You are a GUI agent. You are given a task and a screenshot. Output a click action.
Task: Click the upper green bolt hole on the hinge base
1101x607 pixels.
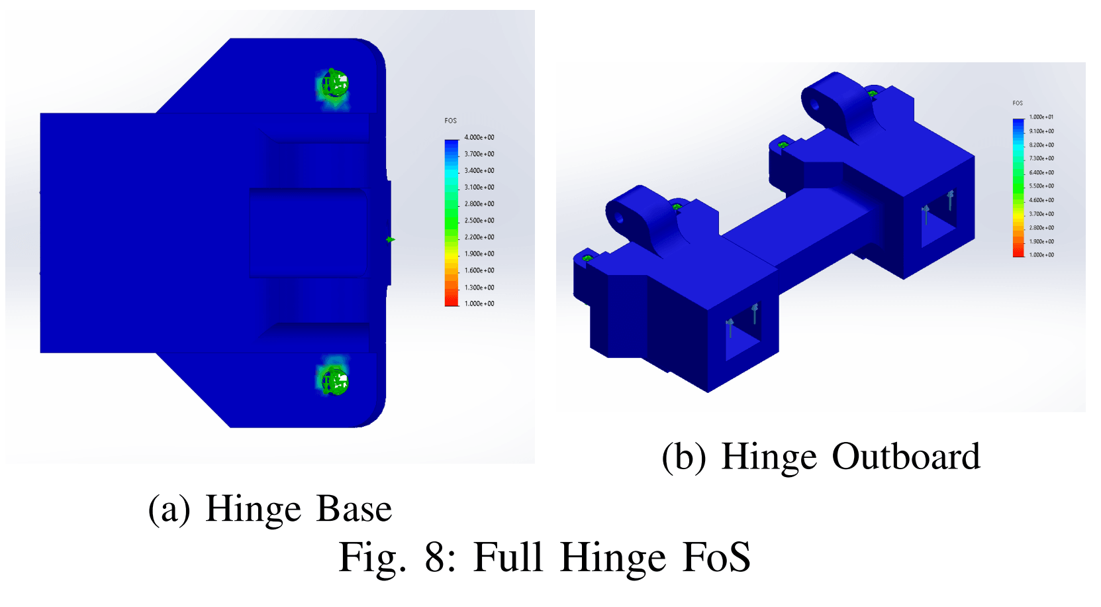coord(334,85)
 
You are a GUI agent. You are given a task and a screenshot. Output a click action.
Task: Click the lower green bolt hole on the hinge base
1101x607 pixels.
coord(334,380)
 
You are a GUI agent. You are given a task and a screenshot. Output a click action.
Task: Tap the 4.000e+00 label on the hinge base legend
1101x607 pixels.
coord(479,138)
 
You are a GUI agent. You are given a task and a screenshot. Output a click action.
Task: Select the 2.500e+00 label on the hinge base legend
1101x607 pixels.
coord(479,221)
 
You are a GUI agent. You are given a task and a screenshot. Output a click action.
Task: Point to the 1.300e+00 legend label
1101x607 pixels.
coord(479,288)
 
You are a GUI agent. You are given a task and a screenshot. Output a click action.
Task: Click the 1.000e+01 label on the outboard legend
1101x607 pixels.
coord(1041,117)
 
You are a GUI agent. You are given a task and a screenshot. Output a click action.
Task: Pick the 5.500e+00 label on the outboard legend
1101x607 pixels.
coord(1041,186)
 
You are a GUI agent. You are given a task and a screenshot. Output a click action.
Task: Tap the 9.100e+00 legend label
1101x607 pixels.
coord(1041,131)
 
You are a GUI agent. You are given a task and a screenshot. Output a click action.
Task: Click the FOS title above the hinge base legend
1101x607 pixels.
coord(450,121)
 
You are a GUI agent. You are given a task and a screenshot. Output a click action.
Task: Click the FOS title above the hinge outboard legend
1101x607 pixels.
coord(1018,103)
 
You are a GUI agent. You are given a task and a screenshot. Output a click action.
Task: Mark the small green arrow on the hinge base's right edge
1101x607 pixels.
coord(391,239)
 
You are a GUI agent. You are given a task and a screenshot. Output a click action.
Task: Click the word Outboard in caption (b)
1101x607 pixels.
coord(905,457)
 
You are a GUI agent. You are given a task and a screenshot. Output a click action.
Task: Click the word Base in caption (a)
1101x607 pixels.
coord(354,509)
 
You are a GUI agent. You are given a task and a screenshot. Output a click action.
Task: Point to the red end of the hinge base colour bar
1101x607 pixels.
coord(452,302)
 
